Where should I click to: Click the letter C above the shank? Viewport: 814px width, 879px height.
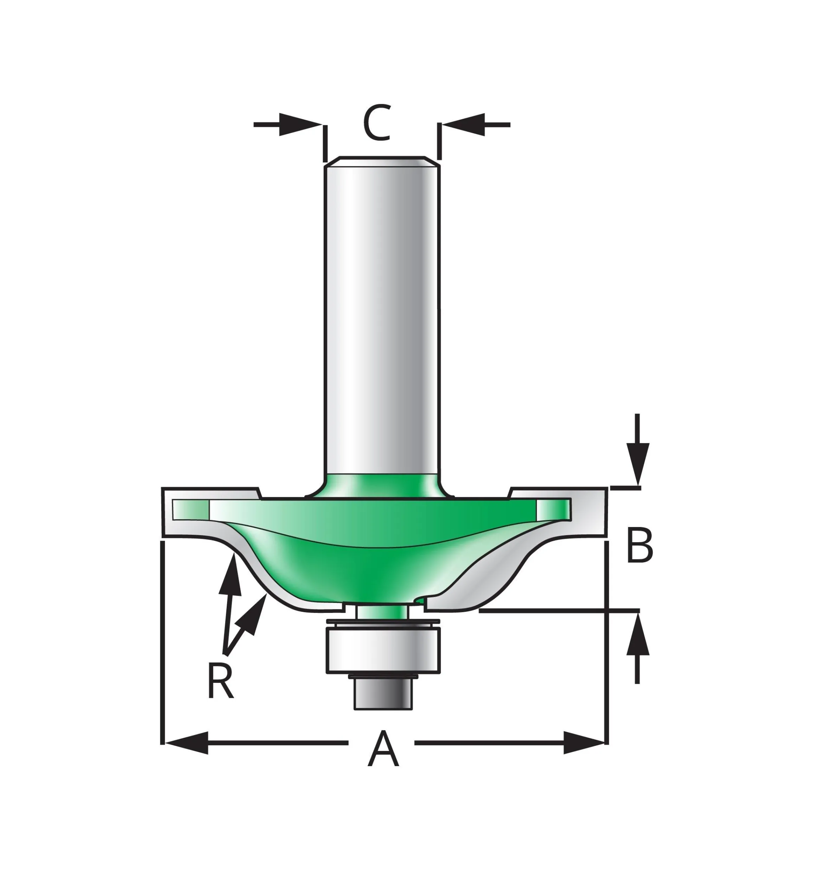point(377,123)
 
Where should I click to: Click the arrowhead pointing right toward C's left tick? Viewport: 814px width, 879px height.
point(299,125)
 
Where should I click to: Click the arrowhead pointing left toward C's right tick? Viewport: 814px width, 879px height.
point(463,125)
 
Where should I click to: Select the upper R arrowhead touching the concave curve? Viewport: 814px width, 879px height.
point(232,575)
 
